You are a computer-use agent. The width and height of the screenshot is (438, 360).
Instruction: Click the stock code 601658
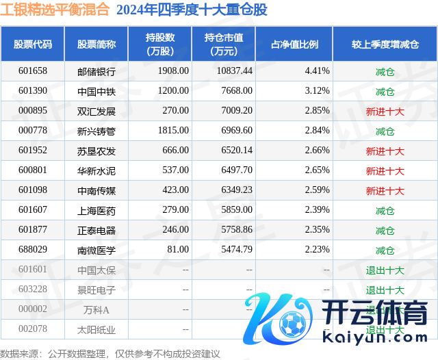tap(33, 71)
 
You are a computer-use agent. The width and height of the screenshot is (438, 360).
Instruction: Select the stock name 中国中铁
tap(96, 91)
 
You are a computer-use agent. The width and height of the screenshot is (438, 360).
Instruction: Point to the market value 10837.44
tap(233, 71)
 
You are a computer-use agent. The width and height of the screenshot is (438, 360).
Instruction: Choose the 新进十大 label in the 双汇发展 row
tap(385, 111)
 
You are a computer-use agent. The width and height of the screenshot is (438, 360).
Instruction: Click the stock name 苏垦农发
tap(96, 151)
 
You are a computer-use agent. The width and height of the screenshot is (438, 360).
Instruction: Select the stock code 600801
tap(33, 170)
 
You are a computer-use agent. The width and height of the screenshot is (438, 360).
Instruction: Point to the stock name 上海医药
tap(96, 210)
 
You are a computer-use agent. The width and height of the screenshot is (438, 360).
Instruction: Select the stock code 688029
tap(33, 250)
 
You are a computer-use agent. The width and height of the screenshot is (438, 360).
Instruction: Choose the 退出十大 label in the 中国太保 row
tap(385, 270)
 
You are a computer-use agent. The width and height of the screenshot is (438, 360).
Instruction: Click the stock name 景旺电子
tap(96, 290)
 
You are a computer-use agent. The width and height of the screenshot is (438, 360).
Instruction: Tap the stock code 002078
tap(33, 329)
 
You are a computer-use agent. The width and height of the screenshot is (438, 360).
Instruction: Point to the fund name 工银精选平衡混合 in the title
tap(55, 10)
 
